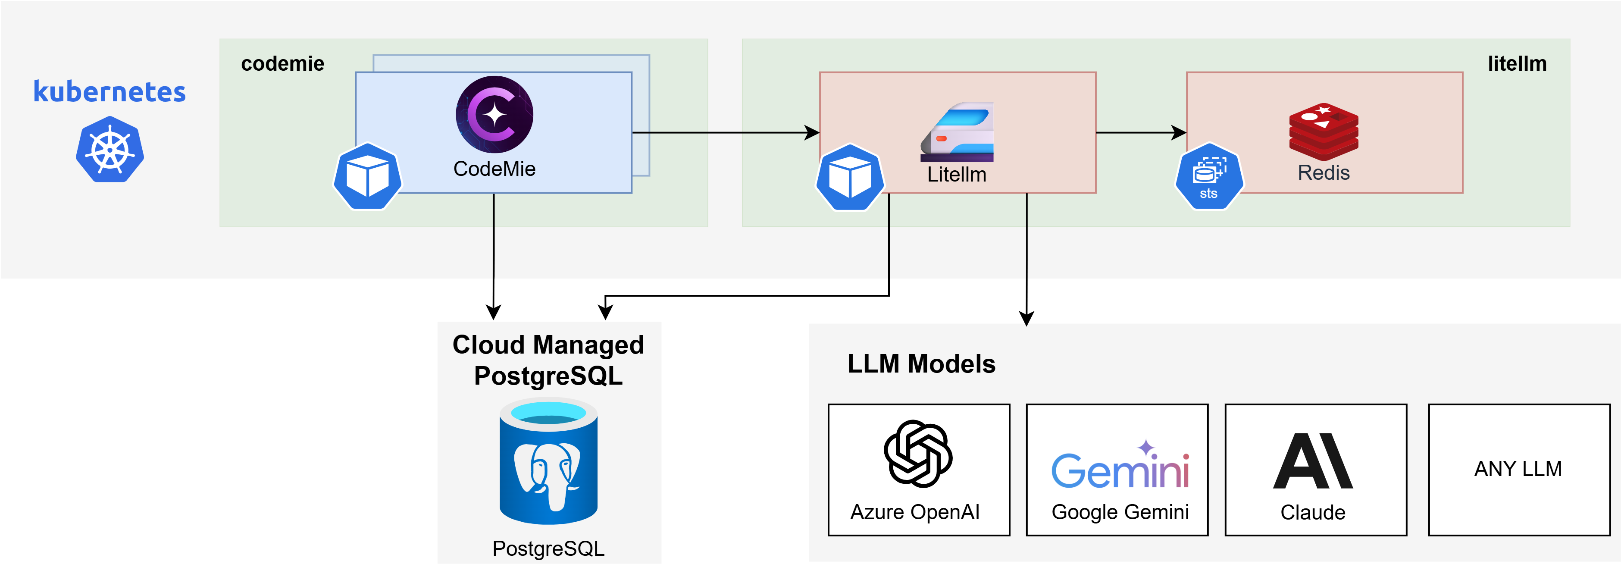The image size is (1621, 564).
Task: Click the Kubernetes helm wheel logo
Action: (x=110, y=150)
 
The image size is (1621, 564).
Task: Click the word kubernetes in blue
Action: (x=110, y=92)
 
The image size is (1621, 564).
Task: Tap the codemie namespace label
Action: (x=282, y=63)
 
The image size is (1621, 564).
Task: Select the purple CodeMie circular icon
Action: (x=494, y=115)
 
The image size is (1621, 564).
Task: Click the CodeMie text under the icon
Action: (x=494, y=169)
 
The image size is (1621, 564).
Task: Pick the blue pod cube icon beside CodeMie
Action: (x=367, y=177)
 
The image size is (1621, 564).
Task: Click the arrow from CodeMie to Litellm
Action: (x=724, y=132)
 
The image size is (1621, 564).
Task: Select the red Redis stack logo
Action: (x=1324, y=131)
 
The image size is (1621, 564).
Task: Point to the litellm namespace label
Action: (x=1517, y=63)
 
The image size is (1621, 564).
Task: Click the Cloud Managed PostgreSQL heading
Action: (x=548, y=360)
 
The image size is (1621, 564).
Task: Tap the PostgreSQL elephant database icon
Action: (x=548, y=463)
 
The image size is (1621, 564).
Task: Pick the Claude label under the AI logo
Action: (x=1313, y=512)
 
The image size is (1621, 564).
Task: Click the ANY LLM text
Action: (x=1518, y=469)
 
